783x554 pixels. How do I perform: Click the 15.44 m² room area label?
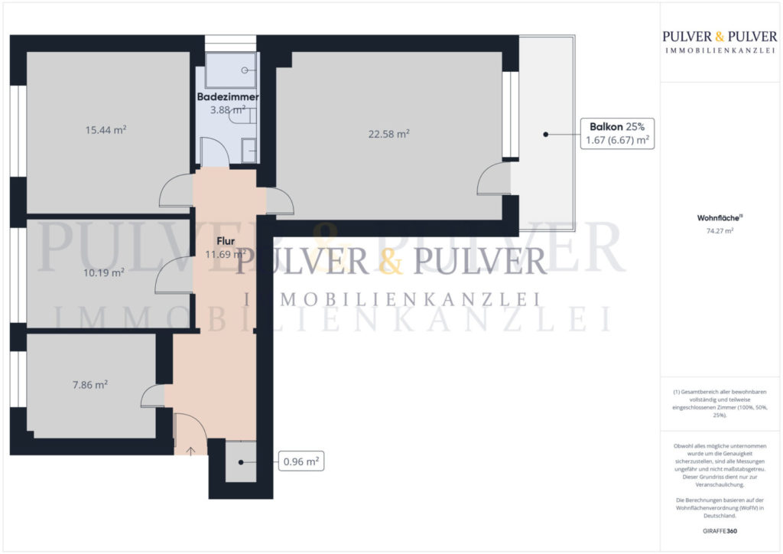tap(106, 130)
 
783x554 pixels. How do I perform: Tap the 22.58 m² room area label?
tap(388, 133)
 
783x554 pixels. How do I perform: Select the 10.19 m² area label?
tap(104, 272)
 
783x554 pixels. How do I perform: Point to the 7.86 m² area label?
tap(89, 385)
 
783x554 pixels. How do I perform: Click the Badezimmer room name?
tap(228, 97)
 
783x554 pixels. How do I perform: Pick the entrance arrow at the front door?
tap(190, 448)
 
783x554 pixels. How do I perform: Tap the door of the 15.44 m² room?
tap(176, 191)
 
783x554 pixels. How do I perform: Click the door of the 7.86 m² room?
tap(153, 396)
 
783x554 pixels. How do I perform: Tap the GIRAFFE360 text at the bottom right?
tap(720, 530)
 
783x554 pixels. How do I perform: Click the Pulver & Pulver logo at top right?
tap(720, 41)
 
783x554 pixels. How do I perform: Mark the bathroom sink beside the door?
tap(249, 150)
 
